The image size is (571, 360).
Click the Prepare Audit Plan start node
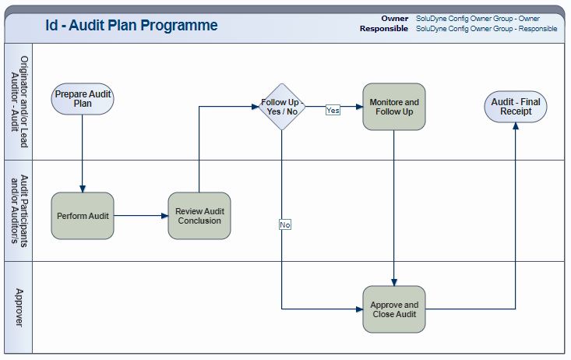coord(83,99)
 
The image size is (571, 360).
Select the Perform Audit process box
coord(83,216)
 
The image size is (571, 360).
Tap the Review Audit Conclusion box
coord(199,216)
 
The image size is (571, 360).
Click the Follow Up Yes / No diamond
coord(280,107)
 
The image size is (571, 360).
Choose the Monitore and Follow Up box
coord(393,107)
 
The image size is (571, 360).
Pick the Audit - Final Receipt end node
coord(515,107)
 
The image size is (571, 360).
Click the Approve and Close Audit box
coord(393,309)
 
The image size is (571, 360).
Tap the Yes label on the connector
coord(333,111)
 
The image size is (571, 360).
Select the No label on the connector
coord(285,224)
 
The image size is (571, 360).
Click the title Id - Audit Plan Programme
coord(131,26)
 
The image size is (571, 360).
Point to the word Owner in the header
coord(394,18)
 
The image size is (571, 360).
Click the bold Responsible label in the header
coord(383,29)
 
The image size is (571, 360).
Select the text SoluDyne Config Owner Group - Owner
coord(478,18)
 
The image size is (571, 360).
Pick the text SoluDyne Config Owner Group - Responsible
coord(486,29)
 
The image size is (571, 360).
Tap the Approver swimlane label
coord(19,307)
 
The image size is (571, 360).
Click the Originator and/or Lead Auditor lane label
coord(19,101)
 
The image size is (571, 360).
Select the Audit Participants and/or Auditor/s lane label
coord(19,210)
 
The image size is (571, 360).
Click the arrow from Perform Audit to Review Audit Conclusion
coord(141,216)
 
